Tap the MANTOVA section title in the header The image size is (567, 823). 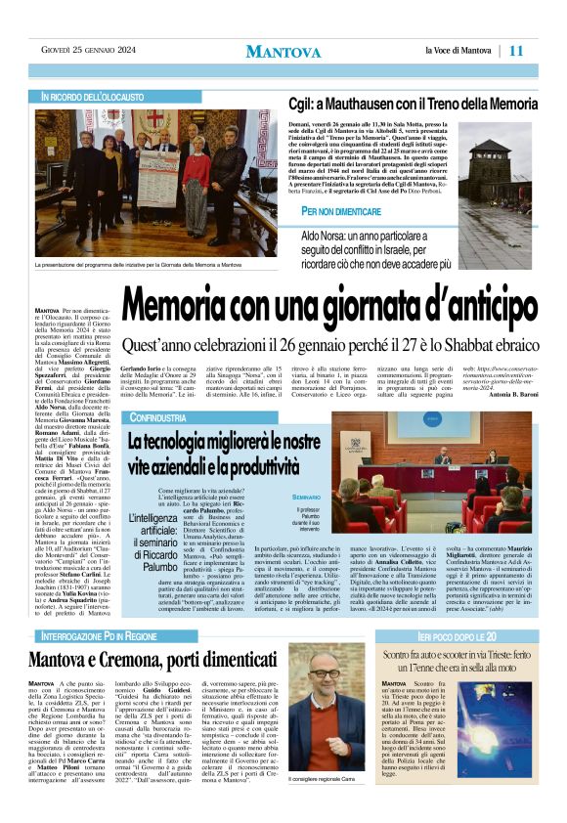tap(283, 51)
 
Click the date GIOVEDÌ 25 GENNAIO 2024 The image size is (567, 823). tap(87, 50)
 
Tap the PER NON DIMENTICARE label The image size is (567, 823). tap(341, 212)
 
